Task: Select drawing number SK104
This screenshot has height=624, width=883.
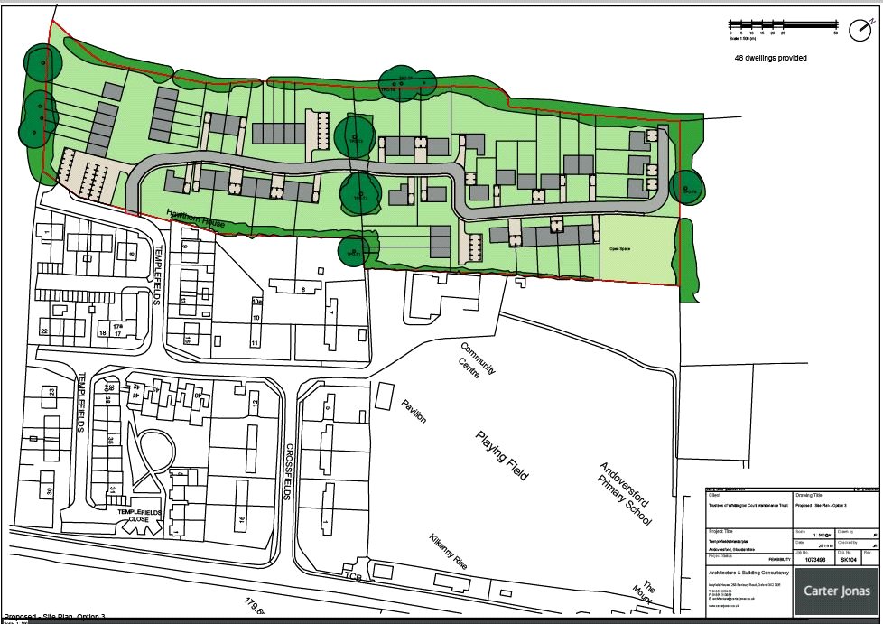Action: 847,560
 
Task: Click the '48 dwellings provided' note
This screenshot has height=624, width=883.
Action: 770,58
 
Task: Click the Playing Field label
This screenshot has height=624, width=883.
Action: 503,456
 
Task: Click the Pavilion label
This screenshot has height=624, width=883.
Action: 414,411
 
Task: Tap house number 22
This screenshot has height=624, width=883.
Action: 43,331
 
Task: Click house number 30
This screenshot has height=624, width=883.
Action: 50,491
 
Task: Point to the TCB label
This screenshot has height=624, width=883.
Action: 351,575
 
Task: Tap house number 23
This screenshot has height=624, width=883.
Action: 51,391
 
